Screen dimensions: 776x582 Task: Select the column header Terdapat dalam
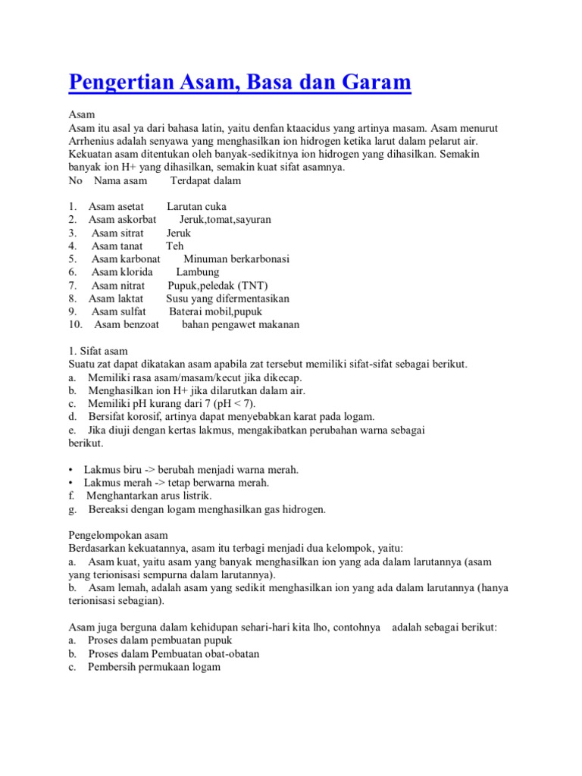tap(205, 180)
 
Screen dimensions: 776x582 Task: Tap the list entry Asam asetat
tap(116, 206)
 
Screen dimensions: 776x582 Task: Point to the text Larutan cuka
tap(196, 206)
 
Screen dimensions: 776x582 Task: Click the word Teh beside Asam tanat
tap(175, 246)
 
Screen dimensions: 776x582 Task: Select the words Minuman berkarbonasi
tap(236, 258)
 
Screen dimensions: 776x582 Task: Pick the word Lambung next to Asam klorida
tap(197, 271)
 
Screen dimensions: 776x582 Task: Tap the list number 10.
tap(74, 324)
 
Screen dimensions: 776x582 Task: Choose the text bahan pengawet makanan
tap(240, 324)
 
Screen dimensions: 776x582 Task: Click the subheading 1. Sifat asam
tap(99, 351)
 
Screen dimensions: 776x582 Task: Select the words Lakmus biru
tap(111, 469)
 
